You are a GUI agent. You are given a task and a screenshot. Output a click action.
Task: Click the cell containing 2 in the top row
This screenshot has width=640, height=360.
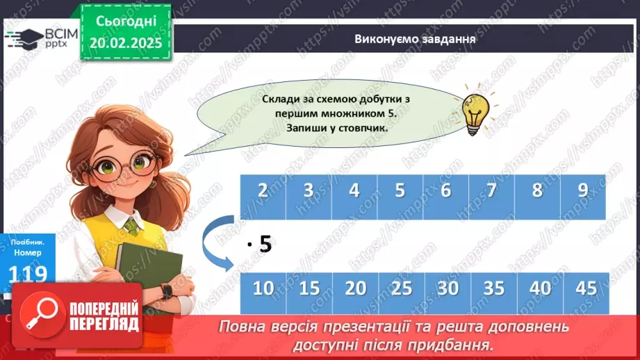tap(263, 190)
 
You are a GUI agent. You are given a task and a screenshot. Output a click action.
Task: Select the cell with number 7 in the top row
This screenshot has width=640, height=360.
tap(491, 190)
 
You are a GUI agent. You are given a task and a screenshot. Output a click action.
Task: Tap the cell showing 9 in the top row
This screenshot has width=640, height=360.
tap(582, 190)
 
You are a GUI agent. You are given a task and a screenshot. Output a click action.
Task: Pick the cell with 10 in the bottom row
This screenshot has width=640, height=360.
tap(263, 288)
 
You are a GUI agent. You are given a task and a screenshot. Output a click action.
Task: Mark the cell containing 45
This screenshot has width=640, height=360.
tap(586, 288)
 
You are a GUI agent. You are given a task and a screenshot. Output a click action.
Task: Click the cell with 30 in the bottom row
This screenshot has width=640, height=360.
tap(447, 288)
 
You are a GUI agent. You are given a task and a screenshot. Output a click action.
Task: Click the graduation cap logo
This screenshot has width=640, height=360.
tap(23, 38)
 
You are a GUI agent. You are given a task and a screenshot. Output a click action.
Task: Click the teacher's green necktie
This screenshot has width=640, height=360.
tap(131, 227)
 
